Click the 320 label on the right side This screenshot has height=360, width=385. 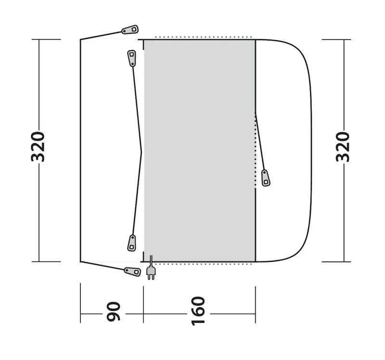pos(343,146)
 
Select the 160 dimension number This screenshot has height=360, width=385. pos(198,311)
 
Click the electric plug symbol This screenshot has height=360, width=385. pos(151,273)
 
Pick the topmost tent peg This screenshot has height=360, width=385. pos(130,30)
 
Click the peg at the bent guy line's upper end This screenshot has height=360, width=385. pos(131,58)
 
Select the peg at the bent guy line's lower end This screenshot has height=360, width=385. pos(131,243)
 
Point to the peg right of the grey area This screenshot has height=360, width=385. pos(265,177)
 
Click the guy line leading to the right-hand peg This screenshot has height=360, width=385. pos(260,142)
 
